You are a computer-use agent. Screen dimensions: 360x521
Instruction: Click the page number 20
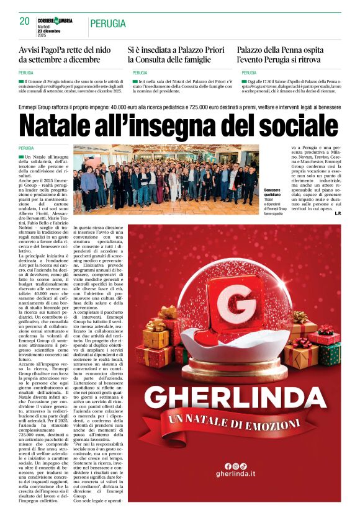[24, 21]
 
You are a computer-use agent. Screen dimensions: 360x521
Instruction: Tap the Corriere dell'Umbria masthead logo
[55, 20]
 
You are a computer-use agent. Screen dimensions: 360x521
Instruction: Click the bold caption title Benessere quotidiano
[272, 192]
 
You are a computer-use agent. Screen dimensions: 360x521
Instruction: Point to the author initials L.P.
[337, 213]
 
